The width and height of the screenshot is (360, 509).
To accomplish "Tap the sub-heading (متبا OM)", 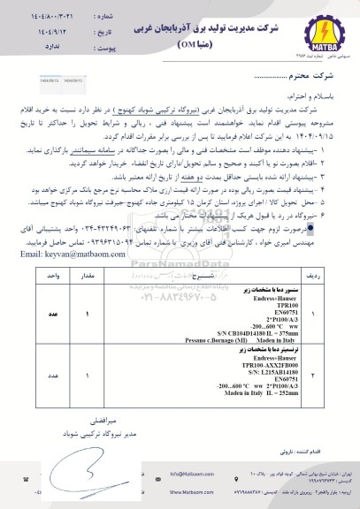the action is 188,43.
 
